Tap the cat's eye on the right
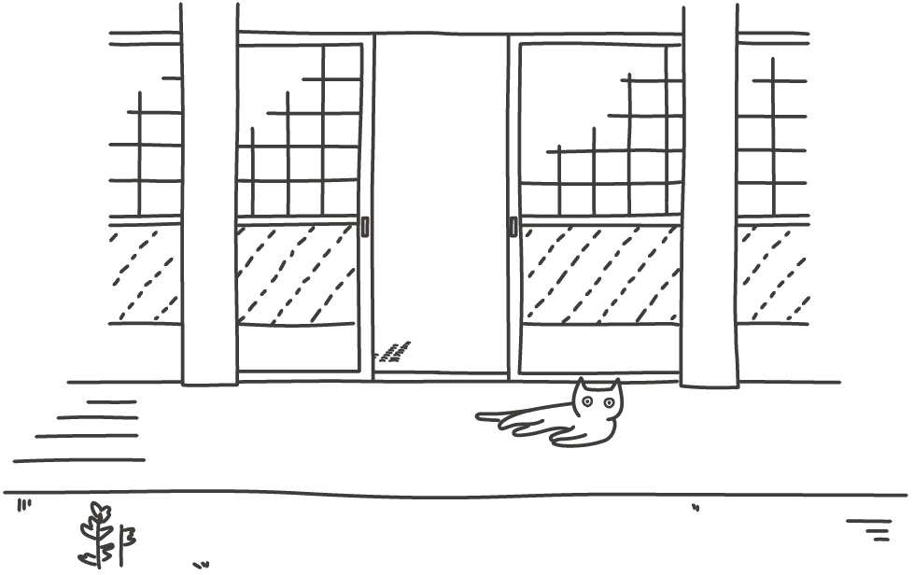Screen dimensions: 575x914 click(x=609, y=402)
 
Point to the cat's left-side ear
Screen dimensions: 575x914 click(x=581, y=386)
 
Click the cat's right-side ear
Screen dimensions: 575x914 click(x=614, y=385)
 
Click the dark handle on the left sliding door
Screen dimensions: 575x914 click(x=364, y=227)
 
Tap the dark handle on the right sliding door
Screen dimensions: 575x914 click(x=514, y=227)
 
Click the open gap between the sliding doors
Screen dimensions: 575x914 click(x=441, y=205)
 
